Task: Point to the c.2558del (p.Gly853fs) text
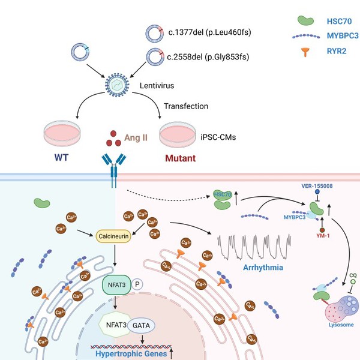click(x=207, y=57)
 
